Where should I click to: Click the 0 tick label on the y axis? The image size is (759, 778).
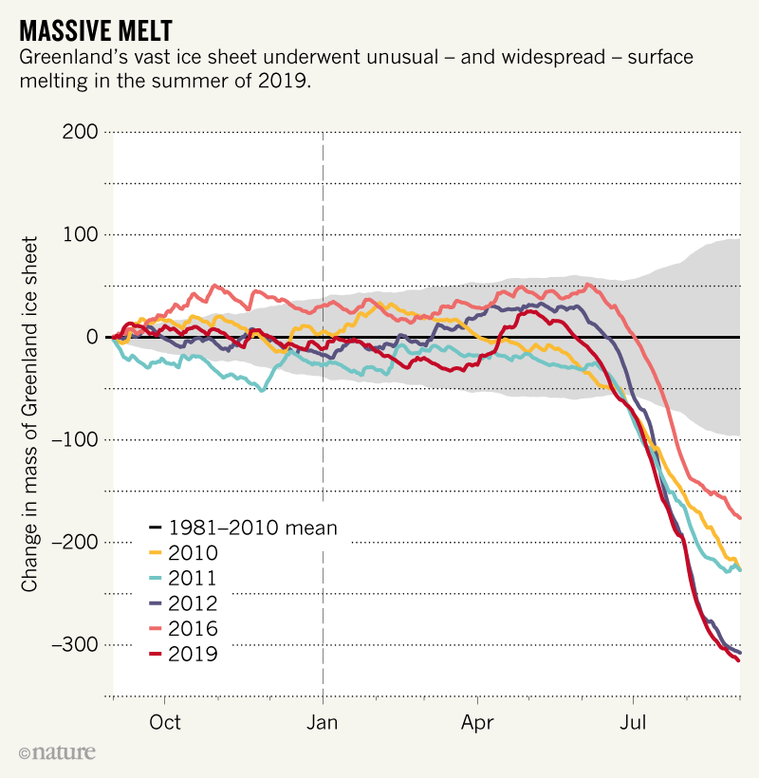[x=91, y=337]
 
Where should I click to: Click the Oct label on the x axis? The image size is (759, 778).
[x=165, y=722]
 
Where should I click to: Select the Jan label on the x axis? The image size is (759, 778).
[x=324, y=722]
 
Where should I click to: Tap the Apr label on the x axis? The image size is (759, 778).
[x=478, y=722]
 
